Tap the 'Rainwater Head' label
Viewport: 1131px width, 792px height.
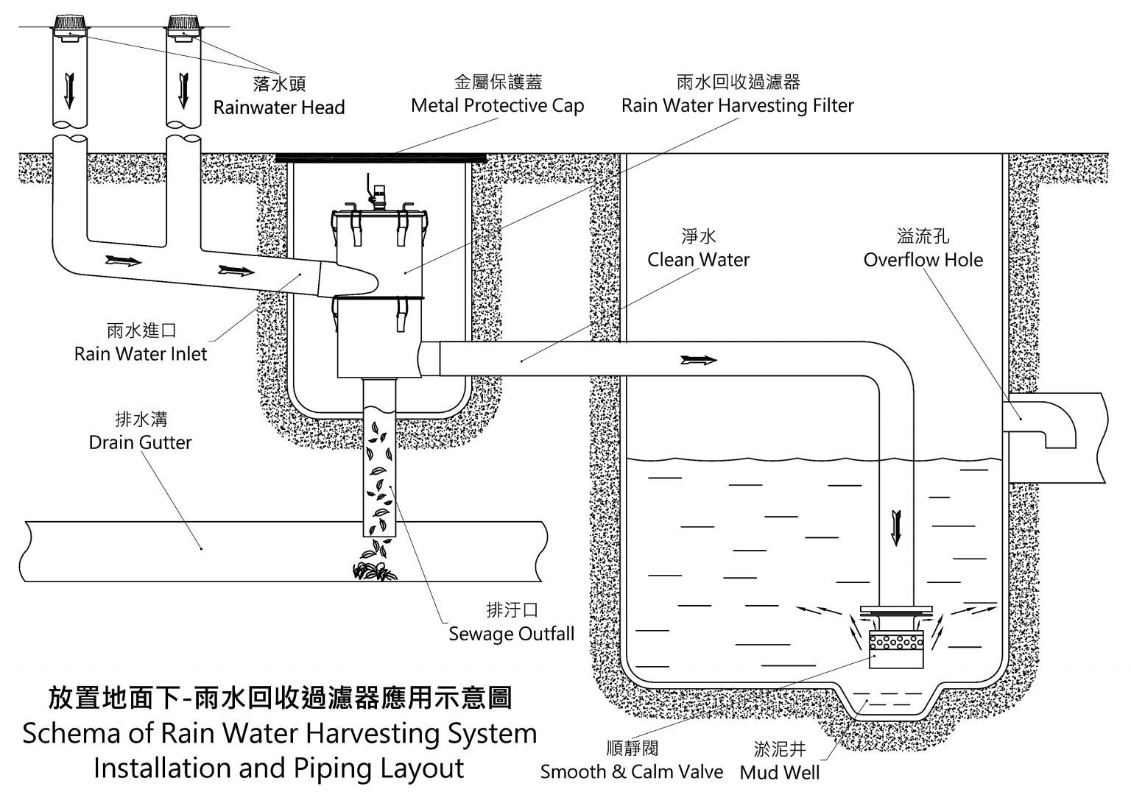point(279,107)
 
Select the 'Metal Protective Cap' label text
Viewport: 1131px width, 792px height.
point(497,105)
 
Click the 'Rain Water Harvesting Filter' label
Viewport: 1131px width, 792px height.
point(737,105)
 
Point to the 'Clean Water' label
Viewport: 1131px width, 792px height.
point(698,259)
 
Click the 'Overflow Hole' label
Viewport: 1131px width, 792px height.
point(923,259)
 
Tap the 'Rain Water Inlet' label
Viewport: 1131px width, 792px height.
point(141,353)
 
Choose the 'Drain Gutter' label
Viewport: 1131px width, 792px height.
point(140,442)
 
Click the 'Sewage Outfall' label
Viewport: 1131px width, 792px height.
point(511,633)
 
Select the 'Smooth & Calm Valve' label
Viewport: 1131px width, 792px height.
point(631,771)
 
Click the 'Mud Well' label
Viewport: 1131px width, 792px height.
point(779,772)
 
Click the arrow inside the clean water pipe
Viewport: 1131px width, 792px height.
point(698,360)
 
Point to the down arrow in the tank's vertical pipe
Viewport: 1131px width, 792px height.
point(895,527)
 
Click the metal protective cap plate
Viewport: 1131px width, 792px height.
point(381,157)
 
